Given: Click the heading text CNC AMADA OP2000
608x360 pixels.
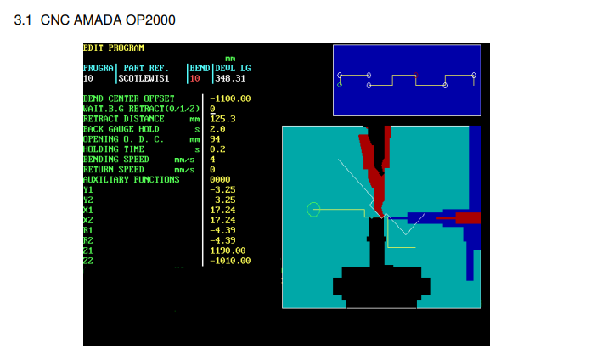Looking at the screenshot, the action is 108,20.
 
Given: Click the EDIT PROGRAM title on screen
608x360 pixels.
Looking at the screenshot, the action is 114,48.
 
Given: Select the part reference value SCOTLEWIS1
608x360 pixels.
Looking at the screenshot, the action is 144,78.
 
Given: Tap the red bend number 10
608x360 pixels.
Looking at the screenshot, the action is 194,78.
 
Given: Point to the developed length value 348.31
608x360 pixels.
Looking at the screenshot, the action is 230,78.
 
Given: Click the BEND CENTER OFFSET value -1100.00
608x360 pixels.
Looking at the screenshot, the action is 230,98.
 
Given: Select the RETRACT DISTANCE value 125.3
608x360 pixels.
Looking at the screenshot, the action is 223,119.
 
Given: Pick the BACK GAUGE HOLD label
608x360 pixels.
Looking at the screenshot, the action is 121,129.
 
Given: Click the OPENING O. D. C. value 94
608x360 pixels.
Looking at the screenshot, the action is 215,139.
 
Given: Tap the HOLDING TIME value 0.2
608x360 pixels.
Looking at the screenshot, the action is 217,149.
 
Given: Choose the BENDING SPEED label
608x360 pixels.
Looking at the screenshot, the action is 116,160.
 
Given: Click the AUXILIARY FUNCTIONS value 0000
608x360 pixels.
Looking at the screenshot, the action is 220,179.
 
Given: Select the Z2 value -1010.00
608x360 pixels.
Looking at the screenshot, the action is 230,261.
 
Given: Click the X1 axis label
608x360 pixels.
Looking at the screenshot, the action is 88,210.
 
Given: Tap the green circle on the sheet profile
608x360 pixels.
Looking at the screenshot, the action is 313,210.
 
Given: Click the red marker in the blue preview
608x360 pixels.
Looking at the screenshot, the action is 416,75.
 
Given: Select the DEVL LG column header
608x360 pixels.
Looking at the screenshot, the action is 233,68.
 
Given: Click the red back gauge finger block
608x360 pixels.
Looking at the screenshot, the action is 468,217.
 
